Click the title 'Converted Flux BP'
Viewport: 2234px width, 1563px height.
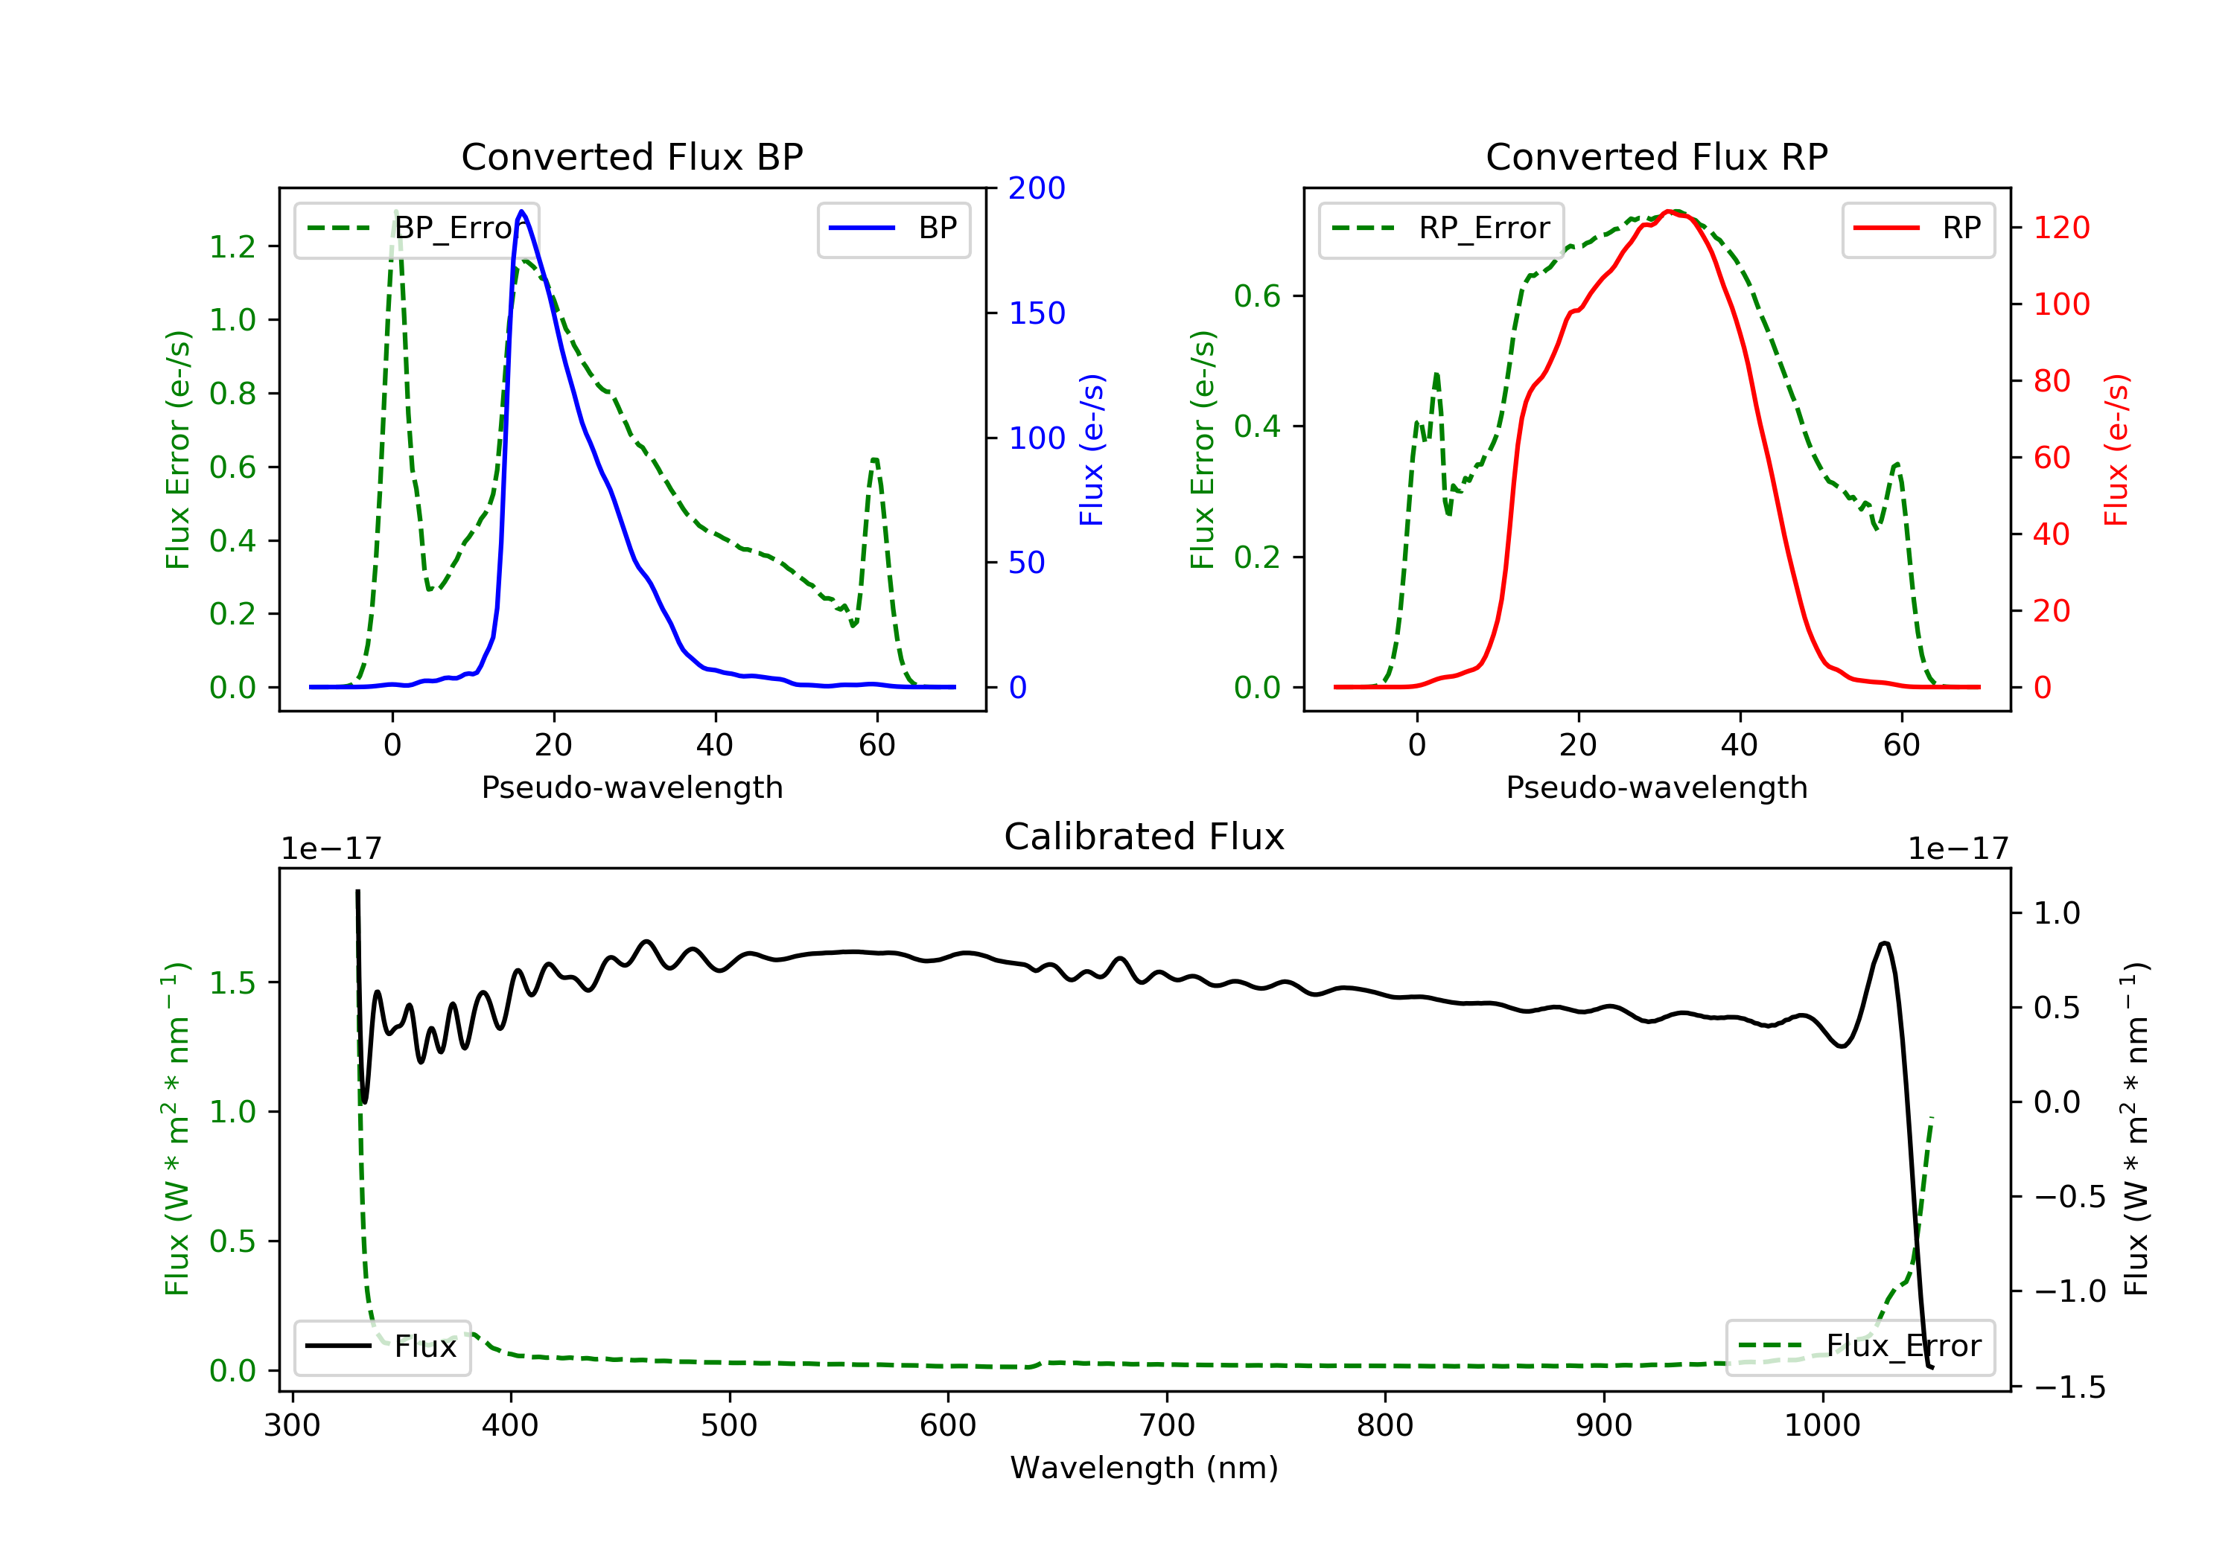[x=631, y=156]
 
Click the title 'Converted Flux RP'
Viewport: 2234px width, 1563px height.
[x=1656, y=156]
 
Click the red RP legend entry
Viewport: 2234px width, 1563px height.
[x=1918, y=228]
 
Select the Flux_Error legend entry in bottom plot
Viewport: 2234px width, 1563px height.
[x=1859, y=1346]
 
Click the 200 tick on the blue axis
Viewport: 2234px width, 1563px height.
[x=1037, y=189]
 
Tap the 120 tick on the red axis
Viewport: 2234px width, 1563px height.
[x=2060, y=228]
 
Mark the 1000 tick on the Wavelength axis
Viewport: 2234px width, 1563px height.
[x=1821, y=1426]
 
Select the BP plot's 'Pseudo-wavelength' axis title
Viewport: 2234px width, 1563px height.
[x=631, y=787]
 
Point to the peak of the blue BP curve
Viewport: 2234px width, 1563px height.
[x=521, y=211]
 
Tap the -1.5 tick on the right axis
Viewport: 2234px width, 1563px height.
[x=2069, y=1387]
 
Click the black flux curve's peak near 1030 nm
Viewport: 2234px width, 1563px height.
[x=1885, y=944]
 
